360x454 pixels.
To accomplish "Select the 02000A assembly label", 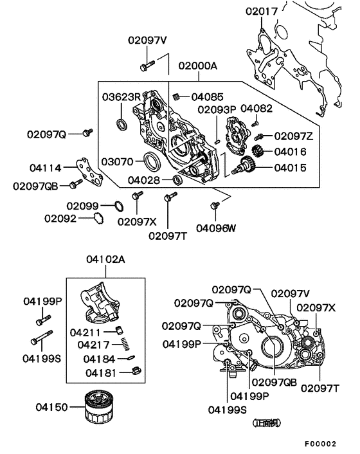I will coord(198,66).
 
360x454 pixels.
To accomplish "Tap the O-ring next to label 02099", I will coord(118,206).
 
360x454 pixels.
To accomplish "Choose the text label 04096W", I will coord(216,227).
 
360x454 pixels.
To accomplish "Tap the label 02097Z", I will coord(293,136).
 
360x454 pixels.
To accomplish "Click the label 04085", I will coord(208,96).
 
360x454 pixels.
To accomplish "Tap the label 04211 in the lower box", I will coord(85,332).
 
